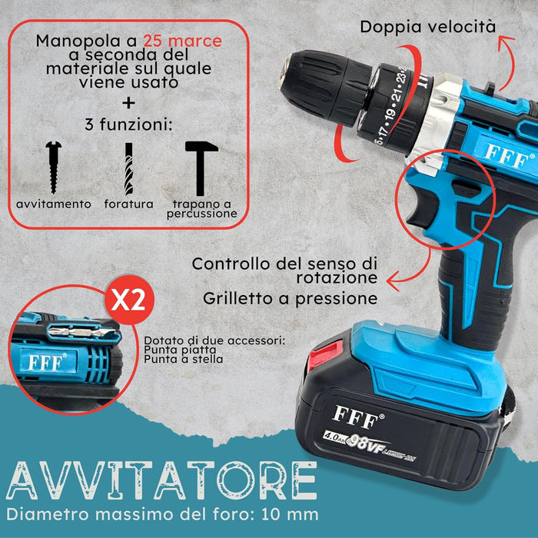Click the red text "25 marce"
pyautogui.click(x=182, y=41)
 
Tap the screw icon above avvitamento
pyautogui.click(x=54, y=168)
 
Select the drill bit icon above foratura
pyautogui.click(x=128, y=169)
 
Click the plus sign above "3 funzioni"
pyautogui.click(x=128, y=103)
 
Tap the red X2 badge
pyautogui.click(x=129, y=300)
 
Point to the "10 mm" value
pyautogui.click(x=290, y=515)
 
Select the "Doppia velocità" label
pyautogui.click(x=428, y=27)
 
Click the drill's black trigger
pyautogui.click(x=423, y=208)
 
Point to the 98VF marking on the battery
pyautogui.click(x=365, y=445)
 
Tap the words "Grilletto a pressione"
pyautogui.click(x=290, y=298)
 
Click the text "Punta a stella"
pyautogui.click(x=183, y=359)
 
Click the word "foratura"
pyautogui.click(x=128, y=204)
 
